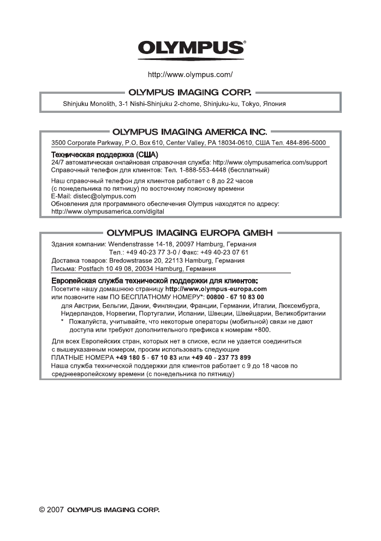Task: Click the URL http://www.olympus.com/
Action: [x=190, y=74]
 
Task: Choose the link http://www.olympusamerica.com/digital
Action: [x=107, y=211]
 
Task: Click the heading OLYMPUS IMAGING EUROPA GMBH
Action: [x=190, y=232]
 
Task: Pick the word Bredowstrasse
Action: [x=132, y=261]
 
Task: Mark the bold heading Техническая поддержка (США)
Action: [x=100, y=155]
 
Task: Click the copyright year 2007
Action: [x=55, y=511]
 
